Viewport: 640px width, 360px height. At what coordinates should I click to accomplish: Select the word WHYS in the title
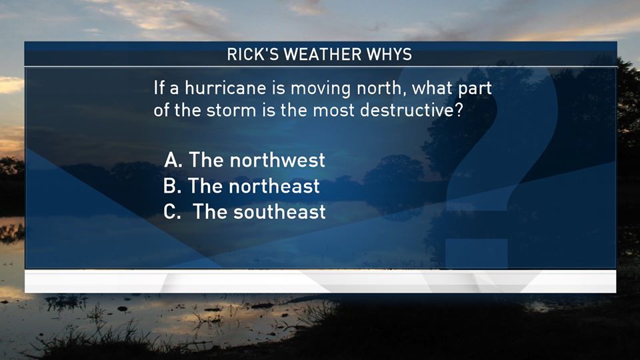[x=389, y=54]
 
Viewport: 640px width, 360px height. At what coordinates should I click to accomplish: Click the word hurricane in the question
[x=225, y=88]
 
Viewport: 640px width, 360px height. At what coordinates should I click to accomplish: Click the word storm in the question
[x=231, y=110]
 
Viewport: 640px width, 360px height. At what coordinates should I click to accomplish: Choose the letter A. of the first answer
[x=173, y=160]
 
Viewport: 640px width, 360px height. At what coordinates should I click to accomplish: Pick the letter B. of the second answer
[x=172, y=186]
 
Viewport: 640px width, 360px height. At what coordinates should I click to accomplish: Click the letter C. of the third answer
[x=172, y=212]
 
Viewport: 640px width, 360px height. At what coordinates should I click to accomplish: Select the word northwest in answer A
[x=277, y=160]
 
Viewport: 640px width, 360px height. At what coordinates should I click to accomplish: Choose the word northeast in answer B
[x=274, y=186]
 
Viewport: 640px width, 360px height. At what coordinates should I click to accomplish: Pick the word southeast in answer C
[x=279, y=212]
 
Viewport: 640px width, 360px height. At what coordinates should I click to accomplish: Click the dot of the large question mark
[x=477, y=253]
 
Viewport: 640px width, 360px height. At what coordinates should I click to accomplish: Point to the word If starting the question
[x=159, y=88]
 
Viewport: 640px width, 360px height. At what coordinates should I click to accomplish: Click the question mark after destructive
[x=459, y=110]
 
